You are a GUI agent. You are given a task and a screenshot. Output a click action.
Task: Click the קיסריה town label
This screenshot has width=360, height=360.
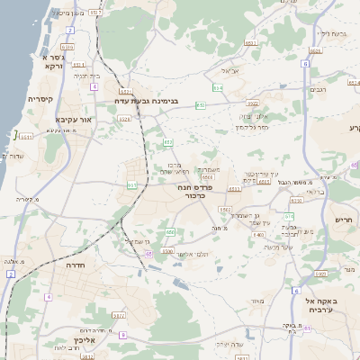click(40, 100)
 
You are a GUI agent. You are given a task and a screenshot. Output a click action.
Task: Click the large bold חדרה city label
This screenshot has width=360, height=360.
click(80, 265)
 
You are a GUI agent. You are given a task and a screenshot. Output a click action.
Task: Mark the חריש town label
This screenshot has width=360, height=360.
click(344, 219)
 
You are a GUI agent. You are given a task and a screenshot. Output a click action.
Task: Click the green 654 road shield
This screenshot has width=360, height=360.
click(218, 88)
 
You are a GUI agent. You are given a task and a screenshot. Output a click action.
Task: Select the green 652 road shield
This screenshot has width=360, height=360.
click(168, 142)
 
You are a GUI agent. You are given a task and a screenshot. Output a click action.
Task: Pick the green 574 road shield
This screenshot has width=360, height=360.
click(289, 217)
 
